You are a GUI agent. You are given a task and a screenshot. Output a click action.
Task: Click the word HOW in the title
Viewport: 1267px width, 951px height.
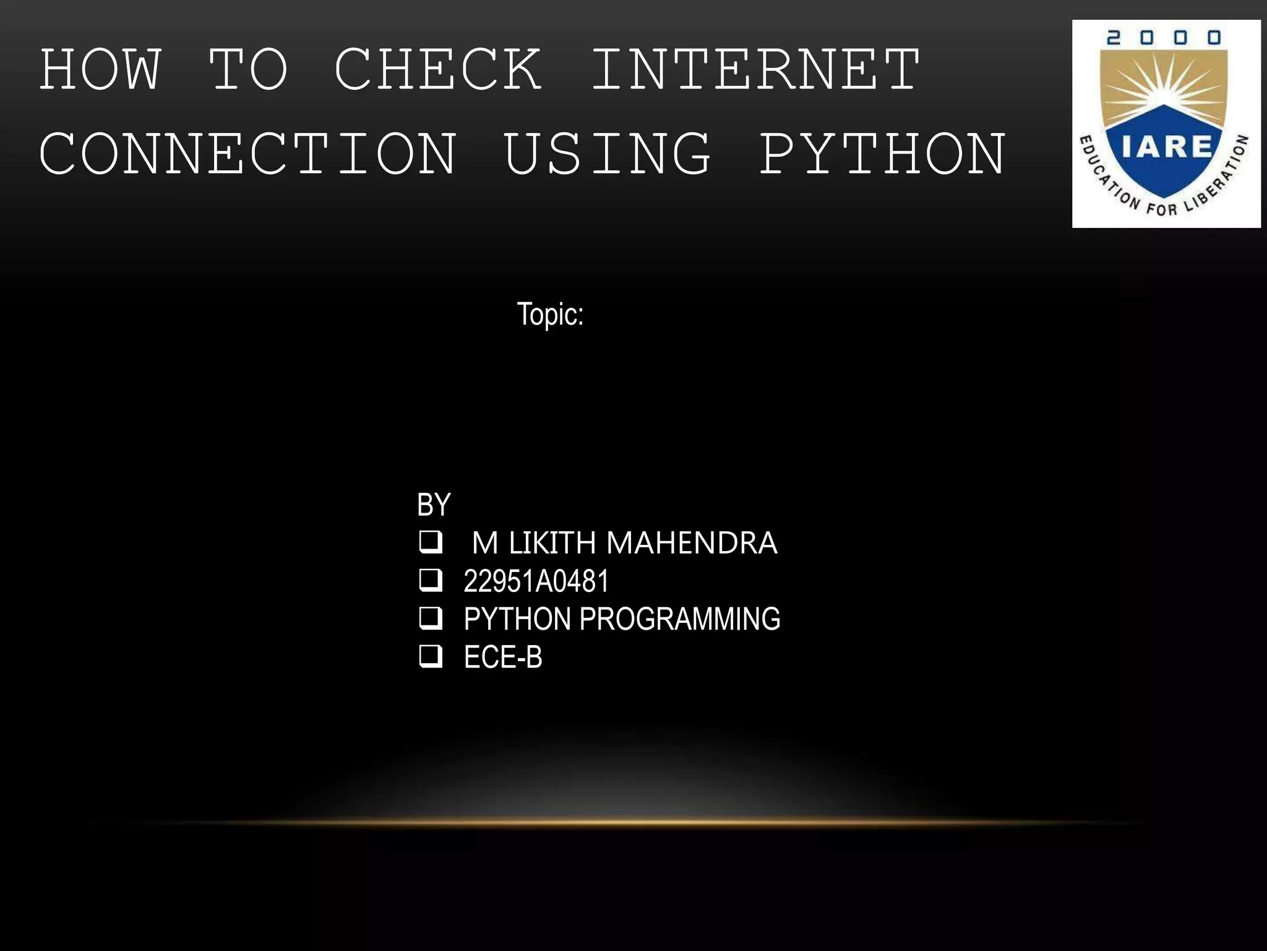pos(101,69)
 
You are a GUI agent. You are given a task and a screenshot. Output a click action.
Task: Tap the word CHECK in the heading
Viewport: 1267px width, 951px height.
pos(438,69)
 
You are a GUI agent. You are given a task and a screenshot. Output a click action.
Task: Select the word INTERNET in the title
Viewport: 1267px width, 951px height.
pos(755,69)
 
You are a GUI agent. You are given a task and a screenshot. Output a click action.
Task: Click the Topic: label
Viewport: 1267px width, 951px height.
pos(550,315)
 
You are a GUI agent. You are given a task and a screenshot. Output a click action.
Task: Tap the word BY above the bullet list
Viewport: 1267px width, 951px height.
pos(434,505)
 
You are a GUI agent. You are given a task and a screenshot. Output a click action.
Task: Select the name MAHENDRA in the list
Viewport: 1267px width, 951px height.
pos(691,543)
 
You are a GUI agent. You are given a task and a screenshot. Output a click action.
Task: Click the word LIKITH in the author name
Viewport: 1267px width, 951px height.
pos(552,543)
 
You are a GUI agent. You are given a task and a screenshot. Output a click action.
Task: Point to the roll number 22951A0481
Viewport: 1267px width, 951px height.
pos(536,581)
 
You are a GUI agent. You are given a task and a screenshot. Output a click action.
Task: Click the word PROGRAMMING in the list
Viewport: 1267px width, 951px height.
pos(679,619)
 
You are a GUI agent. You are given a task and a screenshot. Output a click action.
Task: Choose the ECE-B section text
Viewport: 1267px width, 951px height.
pos(503,658)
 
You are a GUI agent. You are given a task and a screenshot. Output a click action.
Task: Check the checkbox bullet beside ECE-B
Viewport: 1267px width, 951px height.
pos(431,656)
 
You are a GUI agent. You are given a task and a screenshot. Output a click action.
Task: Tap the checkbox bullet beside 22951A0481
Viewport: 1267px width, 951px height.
pos(431,580)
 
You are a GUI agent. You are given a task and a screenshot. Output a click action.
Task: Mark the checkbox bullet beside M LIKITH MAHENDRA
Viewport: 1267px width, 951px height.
pos(431,542)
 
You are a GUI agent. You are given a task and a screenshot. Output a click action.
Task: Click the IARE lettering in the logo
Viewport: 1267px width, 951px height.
pos(1166,147)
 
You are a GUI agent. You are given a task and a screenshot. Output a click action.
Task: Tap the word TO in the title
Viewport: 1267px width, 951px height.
pos(248,69)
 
